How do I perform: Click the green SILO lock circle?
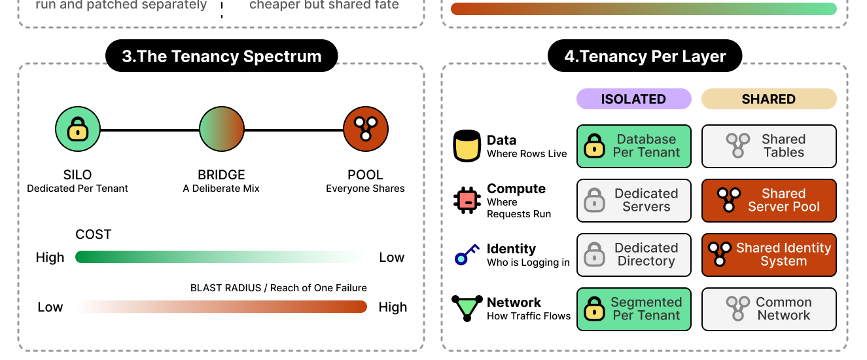78,129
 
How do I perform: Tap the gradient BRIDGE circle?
222,129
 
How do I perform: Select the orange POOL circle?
366,129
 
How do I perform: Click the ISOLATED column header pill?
633,99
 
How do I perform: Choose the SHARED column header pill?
769,99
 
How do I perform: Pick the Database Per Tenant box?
633,146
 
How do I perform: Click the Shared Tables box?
769,146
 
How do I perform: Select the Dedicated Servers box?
633,200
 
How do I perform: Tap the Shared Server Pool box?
769,200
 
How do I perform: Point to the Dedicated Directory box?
633,255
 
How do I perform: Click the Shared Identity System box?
769,255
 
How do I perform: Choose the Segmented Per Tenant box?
633,309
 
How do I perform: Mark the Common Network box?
769,309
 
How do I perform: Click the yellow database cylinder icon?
467,146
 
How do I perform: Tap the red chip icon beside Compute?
468,200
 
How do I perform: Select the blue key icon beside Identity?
467,255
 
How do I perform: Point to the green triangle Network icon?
467,308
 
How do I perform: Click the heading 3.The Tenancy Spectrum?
221,56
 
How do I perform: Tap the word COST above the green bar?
94,234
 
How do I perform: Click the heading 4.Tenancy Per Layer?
645,56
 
